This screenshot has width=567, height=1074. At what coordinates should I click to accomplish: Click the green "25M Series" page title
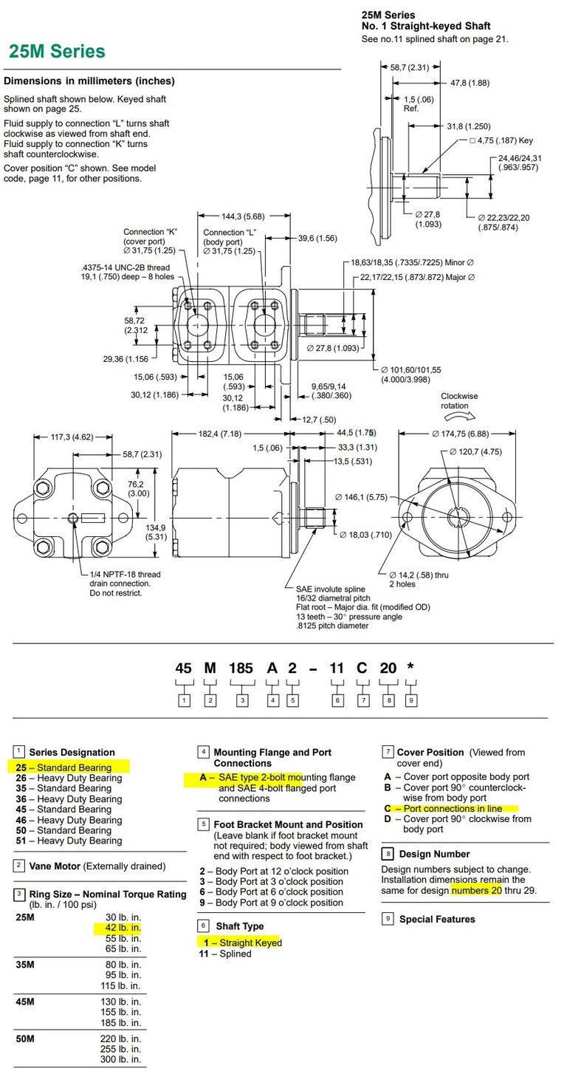57,52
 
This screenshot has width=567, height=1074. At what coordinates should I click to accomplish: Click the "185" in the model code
241,668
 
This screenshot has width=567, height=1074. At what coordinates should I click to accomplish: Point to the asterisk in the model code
410,668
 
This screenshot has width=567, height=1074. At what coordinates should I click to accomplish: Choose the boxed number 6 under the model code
337,700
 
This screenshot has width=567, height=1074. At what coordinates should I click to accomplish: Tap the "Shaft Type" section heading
239,926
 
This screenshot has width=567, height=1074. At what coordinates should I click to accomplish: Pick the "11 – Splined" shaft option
225,954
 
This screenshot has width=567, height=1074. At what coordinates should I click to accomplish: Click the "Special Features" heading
437,919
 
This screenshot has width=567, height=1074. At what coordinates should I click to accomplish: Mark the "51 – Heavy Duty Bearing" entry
69,841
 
